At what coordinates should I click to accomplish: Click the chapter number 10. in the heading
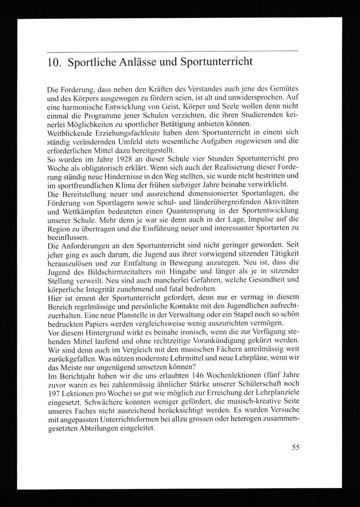tap(53, 62)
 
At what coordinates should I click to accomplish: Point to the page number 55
tap(295, 448)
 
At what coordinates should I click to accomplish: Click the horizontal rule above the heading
tap(173, 51)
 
